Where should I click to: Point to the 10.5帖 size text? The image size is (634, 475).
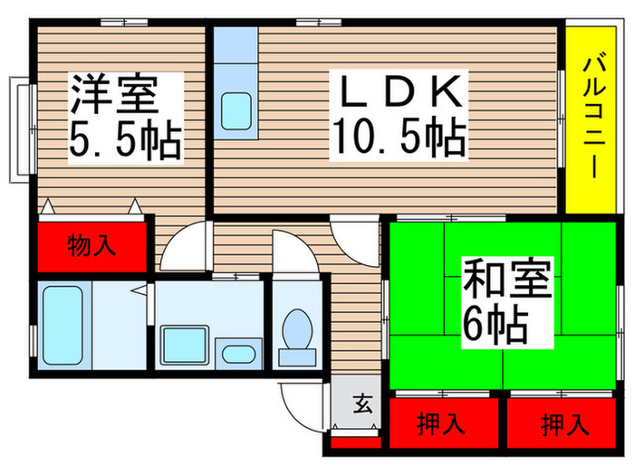pos(399,138)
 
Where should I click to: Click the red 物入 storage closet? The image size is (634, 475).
pos(92,245)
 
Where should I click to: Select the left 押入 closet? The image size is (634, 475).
pos(444,423)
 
